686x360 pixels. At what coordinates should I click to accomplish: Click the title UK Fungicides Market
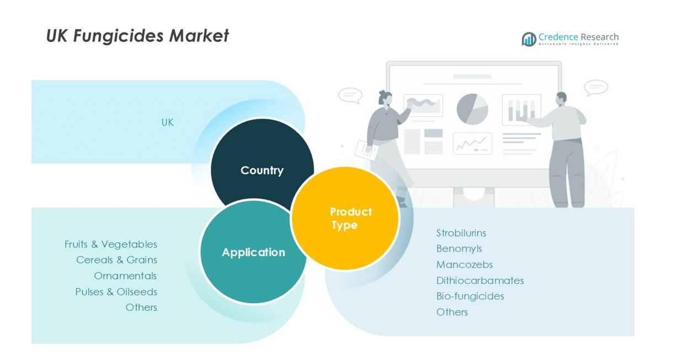pos(137,36)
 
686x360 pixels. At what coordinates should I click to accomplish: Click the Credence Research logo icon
pos(529,39)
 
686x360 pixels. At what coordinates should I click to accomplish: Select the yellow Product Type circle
pos(345,219)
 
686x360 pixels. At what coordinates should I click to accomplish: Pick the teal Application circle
pos(253,252)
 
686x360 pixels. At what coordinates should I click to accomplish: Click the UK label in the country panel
pos(167,123)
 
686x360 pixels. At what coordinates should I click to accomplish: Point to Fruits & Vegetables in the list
pos(110,244)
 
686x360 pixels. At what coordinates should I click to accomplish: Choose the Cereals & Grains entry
pos(116,260)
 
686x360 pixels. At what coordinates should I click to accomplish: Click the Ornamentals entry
pos(125,276)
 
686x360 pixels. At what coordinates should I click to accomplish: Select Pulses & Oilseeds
pos(116,292)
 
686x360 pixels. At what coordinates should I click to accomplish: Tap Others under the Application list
pos(141,307)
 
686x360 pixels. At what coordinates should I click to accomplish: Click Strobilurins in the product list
pos(461,233)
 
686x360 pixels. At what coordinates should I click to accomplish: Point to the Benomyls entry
pos(459,248)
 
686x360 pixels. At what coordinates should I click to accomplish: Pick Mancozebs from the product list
pos(464,264)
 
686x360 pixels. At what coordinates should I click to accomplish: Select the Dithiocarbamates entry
pos(480,280)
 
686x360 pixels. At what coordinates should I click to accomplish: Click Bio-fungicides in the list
pos(470,296)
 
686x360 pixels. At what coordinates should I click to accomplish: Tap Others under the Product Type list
pos(451,312)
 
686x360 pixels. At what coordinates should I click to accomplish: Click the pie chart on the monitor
pos(472,109)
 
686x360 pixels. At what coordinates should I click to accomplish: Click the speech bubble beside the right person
pos(595,87)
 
